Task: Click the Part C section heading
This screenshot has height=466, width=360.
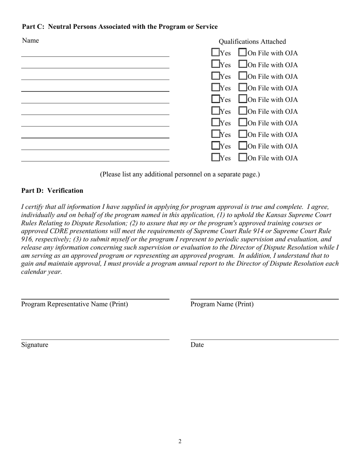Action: coord(120,27)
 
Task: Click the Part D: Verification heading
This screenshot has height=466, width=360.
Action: coord(52,191)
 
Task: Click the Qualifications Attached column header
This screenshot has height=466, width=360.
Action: coord(252,42)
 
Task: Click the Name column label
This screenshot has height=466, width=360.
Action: coord(30,41)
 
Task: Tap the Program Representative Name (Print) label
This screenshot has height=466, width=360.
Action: coord(75,304)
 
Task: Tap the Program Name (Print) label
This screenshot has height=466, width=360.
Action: coord(222,304)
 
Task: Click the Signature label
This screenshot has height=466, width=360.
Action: coord(35,345)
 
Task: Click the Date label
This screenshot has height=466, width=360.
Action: coord(197,345)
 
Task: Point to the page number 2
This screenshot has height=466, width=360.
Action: coord(180,441)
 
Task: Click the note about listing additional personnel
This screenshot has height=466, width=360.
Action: coord(180,174)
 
